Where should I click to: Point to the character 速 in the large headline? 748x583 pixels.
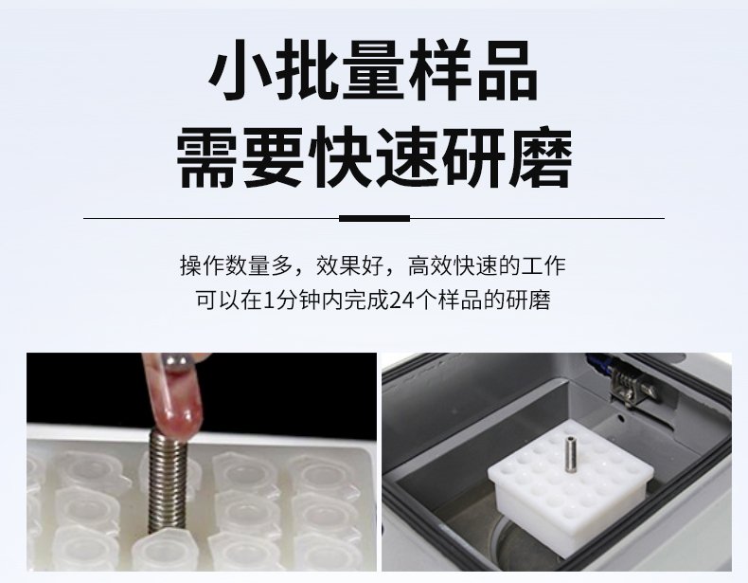pyautogui.click(x=407, y=156)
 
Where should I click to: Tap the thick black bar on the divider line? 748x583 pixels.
pyautogui.click(x=375, y=219)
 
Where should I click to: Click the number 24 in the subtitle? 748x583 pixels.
pyautogui.click(x=401, y=301)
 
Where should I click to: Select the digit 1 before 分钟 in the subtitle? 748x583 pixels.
pyautogui.click(x=270, y=301)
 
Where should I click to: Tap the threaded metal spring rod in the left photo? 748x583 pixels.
pyautogui.click(x=167, y=482)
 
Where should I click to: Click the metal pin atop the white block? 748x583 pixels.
pyautogui.click(x=569, y=456)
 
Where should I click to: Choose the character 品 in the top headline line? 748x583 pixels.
pyautogui.click(x=507, y=70)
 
